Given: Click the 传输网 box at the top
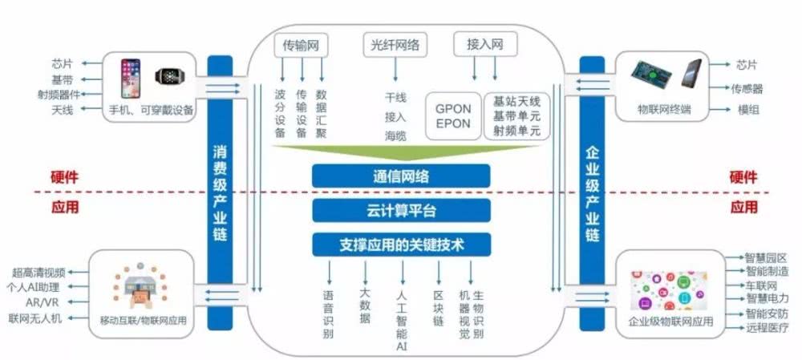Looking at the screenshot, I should click(x=301, y=45).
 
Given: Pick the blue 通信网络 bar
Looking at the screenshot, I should click(x=401, y=176).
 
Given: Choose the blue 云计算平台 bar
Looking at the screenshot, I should click(x=401, y=210).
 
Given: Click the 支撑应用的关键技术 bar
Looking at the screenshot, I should click(x=401, y=244).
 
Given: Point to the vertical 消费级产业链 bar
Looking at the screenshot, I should click(x=221, y=192).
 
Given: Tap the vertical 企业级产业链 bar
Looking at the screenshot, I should click(x=592, y=192).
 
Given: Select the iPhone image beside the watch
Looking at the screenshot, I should click(x=132, y=77).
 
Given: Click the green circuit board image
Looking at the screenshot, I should click(x=654, y=75).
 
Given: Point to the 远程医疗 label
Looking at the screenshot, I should click(x=768, y=329).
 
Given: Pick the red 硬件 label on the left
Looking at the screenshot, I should click(x=65, y=178).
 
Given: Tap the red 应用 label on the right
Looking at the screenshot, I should click(x=744, y=207).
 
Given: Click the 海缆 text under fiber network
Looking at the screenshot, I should click(x=395, y=136).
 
